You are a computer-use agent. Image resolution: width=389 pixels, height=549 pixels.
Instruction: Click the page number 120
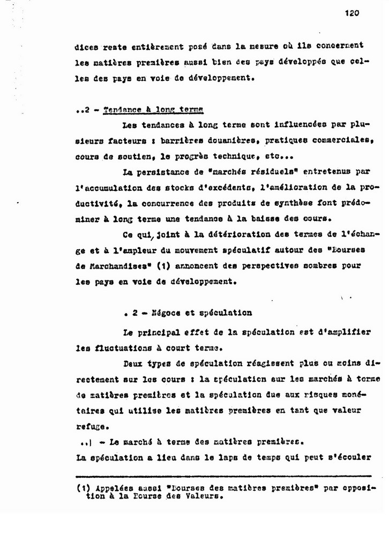click(351, 14)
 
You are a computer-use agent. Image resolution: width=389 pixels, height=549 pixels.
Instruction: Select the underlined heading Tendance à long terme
click(153, 110)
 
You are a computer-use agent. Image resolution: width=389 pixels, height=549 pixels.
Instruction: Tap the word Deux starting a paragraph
click(133, 363)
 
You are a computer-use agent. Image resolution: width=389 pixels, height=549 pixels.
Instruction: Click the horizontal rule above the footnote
click(223, 476)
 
